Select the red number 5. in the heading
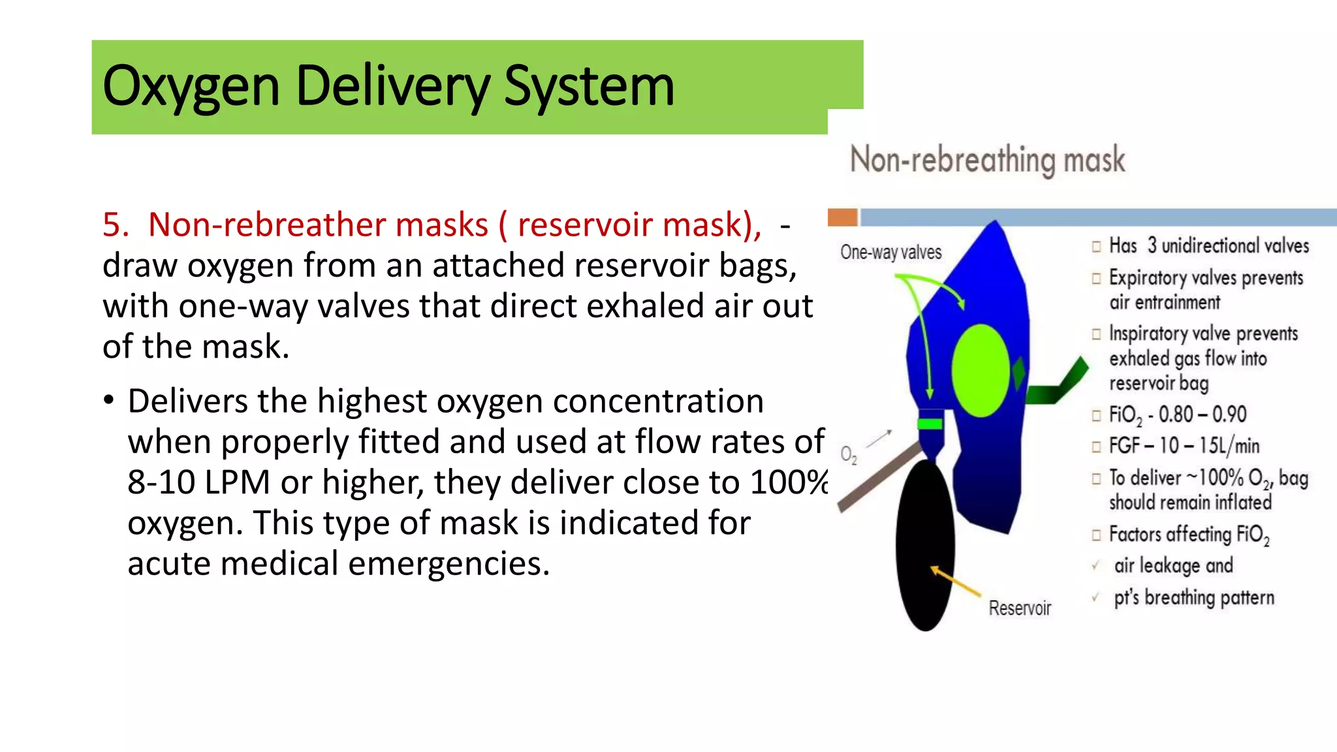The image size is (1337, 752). point(116,225)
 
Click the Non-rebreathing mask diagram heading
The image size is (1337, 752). point(987,160)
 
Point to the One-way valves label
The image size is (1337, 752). point(890,252)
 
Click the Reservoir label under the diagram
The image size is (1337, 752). point(1019,608)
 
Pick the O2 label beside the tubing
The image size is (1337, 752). point(848,454)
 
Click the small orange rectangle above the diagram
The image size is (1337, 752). point(842,217)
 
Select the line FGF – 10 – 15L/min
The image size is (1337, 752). point(1184,446)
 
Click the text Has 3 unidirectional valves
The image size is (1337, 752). point(1208,246)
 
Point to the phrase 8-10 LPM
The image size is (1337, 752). point(198,483)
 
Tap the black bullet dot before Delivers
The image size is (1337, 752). point(108,400)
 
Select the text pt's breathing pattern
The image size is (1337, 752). point(1193,598)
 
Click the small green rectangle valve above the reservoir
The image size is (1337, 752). point(930,424)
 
